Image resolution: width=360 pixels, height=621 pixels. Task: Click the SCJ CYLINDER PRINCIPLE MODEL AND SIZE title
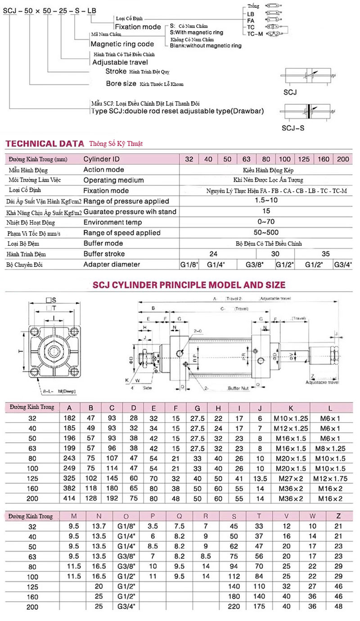pyautogui.click(x=189, y=285)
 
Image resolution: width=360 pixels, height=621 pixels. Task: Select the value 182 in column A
pyautogui.click(x=70, y=418)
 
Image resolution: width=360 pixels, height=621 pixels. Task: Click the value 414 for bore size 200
pyautogui.click(x=70, y=498)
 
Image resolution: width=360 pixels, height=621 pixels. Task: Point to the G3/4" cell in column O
pyautogui.click(x=126, y=606)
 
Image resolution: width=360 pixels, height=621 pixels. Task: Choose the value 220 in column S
pyautogui.click(x=234, y=606)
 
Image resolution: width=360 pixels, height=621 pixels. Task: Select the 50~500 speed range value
pyautogui.click(x=266, y=233)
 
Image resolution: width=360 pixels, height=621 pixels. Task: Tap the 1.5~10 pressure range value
pyautogui.click(x=266, y=201)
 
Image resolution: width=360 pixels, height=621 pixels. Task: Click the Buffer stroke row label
pyautogui.click(x=104, y=254)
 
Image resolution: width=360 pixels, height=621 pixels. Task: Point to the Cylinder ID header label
pyautogui.click(x=102, y=159)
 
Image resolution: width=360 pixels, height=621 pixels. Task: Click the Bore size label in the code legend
pyautogui.click(x=121, y=83)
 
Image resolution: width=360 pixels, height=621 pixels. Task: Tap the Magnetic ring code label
pyautogui.click(x=122, y=44)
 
